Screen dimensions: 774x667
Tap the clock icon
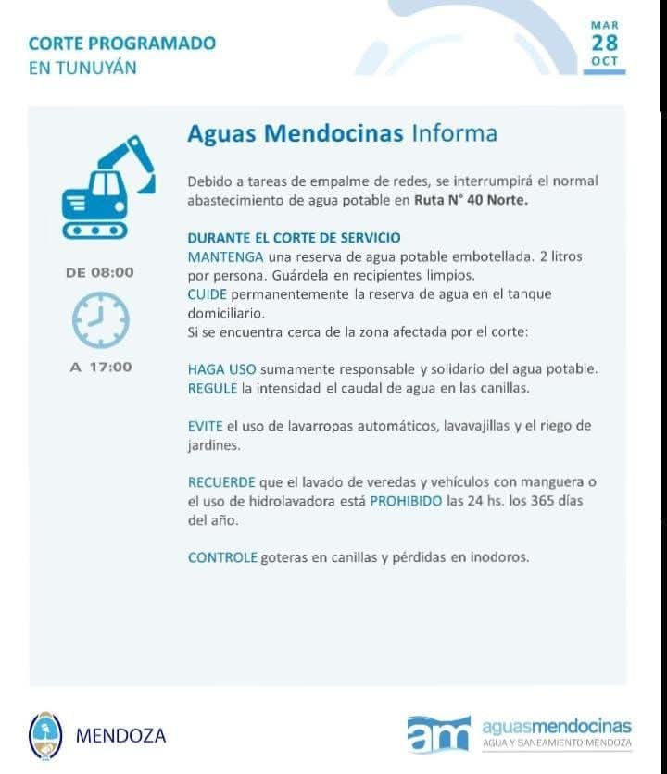coord(100,319)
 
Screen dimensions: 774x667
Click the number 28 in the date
coord(604,44)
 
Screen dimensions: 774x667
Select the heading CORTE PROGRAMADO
coord(122,44)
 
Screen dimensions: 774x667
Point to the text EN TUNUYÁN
coord(82,68)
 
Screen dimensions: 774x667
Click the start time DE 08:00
coord(100,272)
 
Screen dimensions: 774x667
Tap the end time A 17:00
coord(101,367)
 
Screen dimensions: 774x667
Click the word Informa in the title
coord(454,133)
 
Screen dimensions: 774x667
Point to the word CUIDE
coord(205,293)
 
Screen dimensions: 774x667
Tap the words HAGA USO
coord(222,368)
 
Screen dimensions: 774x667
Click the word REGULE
coord(213,388)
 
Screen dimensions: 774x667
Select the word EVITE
coord(205,426)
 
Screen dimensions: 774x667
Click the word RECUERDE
coord(217,482)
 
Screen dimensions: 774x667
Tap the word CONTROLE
coord(222,557)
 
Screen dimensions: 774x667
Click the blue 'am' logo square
coord(438,734)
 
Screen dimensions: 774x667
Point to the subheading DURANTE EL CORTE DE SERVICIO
coord(294,238)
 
